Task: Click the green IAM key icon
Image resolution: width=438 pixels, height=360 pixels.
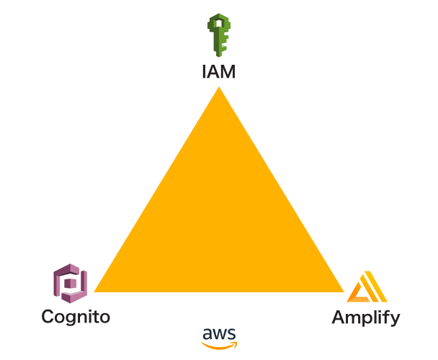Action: point(218,35)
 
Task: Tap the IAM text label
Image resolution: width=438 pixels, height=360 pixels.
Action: point(218,71)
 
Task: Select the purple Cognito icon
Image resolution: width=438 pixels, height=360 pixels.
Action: point(70,282)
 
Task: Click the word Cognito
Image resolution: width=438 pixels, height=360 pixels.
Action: point(76,317)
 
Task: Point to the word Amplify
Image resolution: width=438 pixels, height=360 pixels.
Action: point(365,318)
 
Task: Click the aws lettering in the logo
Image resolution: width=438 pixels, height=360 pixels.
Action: point(219,334)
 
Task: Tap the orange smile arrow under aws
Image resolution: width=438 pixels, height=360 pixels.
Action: point(219,345)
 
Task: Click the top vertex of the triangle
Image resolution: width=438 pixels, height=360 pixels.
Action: point(218,89)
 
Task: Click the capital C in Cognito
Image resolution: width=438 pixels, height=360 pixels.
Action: point(48,316)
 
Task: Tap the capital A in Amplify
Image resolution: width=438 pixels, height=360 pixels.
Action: point(338,317)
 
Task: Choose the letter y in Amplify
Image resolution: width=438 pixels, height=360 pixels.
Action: point(394,320)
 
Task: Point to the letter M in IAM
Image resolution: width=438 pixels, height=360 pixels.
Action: point(228,71)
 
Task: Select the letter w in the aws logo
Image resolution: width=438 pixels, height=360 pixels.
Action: point(219,334)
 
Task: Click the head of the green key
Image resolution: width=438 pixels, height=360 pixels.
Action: point(218,24)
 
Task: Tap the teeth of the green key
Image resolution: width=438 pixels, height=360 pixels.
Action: point(223,45)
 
